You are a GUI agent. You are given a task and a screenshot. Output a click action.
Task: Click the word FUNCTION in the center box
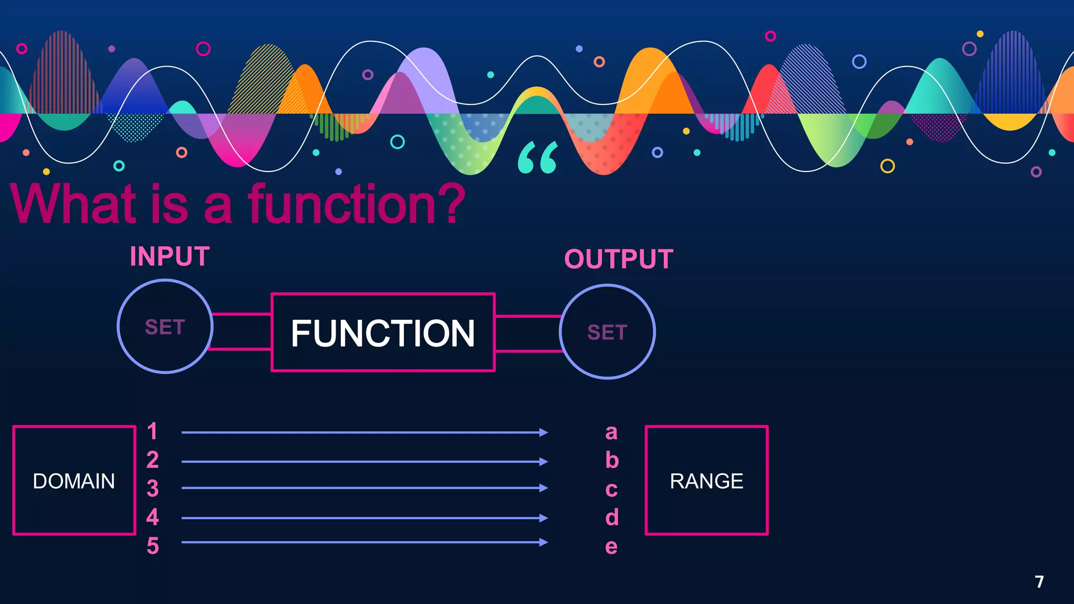click(x=383, y=333)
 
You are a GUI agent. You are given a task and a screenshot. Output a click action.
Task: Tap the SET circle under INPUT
click(x=165, y=327)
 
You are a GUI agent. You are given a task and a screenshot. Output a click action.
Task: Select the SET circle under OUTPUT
click(x=607, y=332)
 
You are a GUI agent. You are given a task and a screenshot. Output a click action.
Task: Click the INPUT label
click(x=170, y=257)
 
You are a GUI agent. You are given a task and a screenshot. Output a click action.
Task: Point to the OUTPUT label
click(x=619, y=259)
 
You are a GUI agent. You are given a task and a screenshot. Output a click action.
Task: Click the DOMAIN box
click(x=74, y=480)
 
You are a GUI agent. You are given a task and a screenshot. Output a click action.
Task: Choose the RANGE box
click(x=706, y=480)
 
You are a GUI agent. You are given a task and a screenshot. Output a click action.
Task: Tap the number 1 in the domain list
click(x=152, y=432)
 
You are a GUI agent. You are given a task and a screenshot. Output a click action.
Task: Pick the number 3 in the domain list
click(x=153, y=489)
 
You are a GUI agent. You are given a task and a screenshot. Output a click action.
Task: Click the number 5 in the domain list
click(x=153, y=546)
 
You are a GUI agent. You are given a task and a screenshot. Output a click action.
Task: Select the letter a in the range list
click(x=611, y=433)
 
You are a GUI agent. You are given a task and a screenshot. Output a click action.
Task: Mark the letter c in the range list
click(x=611, y=490)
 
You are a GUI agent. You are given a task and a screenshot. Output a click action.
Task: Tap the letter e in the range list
click(x=611, y=547)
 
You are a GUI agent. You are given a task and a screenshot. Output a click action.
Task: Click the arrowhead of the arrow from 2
click(x=544, y=461)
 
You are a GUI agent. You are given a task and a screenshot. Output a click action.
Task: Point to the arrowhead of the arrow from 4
click(x=544, y=518)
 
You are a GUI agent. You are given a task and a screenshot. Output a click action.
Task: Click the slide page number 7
click(x=1039, y=581)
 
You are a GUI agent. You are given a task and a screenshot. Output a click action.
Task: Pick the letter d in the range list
click(x=612, y=517)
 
